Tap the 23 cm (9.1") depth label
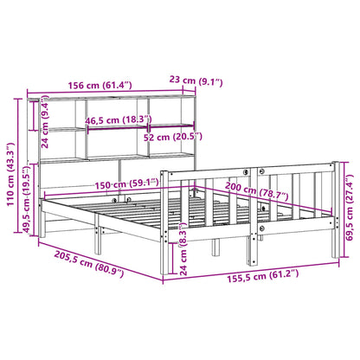pos(197,83)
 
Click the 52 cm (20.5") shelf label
pos(170,137)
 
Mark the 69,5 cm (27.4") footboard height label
pos(349,207)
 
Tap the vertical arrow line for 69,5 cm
pos(342,208)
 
